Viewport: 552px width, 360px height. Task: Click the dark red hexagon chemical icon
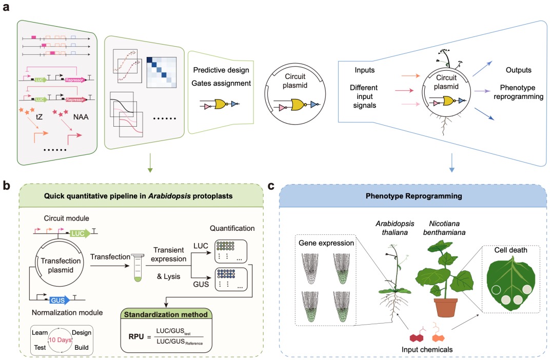click(x=417, y=336)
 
